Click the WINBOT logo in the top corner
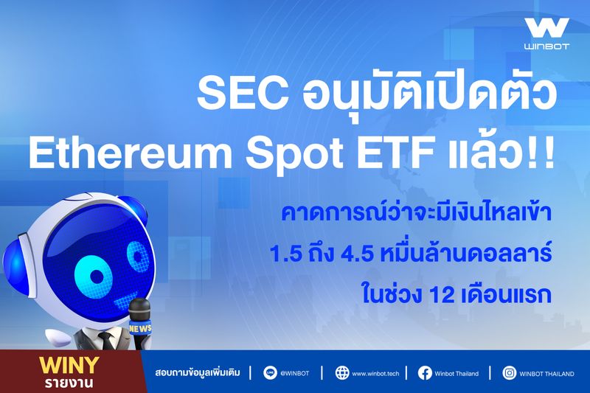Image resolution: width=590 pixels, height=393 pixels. pos(546,33)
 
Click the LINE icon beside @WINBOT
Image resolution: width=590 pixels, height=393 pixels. pos(270,373)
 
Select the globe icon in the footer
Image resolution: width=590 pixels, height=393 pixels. pos(341,373)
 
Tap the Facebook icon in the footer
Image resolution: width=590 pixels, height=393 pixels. pos(425,373)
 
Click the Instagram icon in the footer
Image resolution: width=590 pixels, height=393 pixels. pos(510,373)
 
